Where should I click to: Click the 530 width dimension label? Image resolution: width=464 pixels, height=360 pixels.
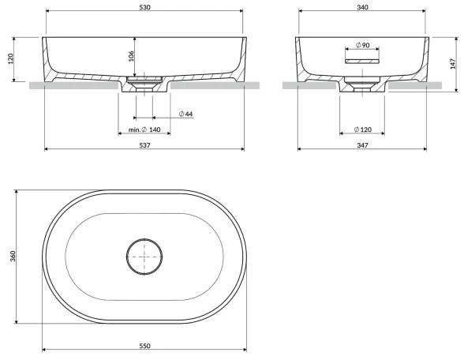pyautogui.click(x=144, y=7)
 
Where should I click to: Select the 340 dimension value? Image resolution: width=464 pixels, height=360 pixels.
pyautogui.click(x=362, y=7)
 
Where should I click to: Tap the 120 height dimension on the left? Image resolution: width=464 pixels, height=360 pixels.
pyautogui.click(x=10, y=59)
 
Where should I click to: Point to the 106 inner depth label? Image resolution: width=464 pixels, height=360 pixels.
pyautogui.click(x=131, y=56)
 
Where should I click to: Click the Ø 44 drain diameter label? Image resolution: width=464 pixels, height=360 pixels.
pyautogui.click(x=186, y=114)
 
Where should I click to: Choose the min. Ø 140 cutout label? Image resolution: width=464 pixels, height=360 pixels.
pyautogui.click(x=144, y=129)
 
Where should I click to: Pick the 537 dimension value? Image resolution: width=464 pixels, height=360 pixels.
pyautogui.click(x=144, y=145)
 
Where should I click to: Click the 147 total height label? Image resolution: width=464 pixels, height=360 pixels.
pyautogui.click(x=453, y=64)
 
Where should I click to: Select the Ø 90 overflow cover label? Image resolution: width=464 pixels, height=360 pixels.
pyautogui.click(x=362, y=45)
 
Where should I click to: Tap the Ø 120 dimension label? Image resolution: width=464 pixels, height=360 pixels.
pyautogui.click(x=362, y=129)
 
